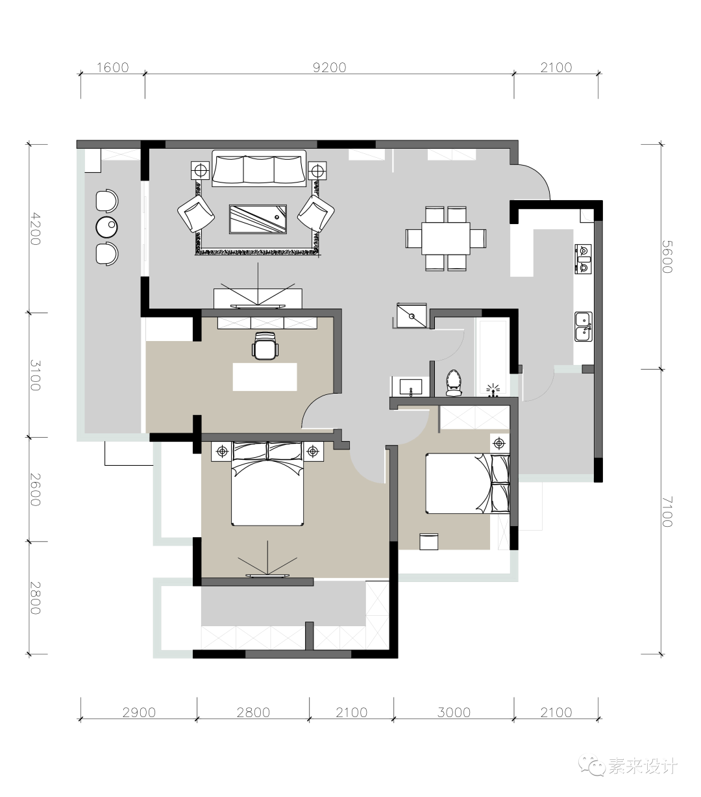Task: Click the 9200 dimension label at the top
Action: click(x=330, y=68)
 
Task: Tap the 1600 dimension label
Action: click(x=113, y=68)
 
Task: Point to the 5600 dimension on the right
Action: click(x=667, y=257)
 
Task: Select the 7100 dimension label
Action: click(x=667, y=511)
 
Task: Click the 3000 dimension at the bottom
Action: click(x=454, y=713)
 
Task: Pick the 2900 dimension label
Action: click(x=139, y=713)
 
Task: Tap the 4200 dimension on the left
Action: click(x=36, y=229)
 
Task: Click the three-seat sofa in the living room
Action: click(x=259, y=168)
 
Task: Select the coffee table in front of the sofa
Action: click(x=258, y=219)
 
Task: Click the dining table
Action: click(x=446, y=238)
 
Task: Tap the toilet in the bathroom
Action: click(x=454, y=383)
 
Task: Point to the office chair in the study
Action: click(x=265, y=346)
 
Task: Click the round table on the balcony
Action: click(x=107, y=227)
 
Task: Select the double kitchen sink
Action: click(x=584, y=327)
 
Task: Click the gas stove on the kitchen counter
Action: click(x=583, y=259)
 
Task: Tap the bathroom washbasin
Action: click(x=411, y=386)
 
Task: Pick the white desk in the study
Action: click(x=265, y=377)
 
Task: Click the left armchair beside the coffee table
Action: click(x=196, y=214)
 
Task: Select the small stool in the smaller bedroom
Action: click(x=428, y=541)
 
